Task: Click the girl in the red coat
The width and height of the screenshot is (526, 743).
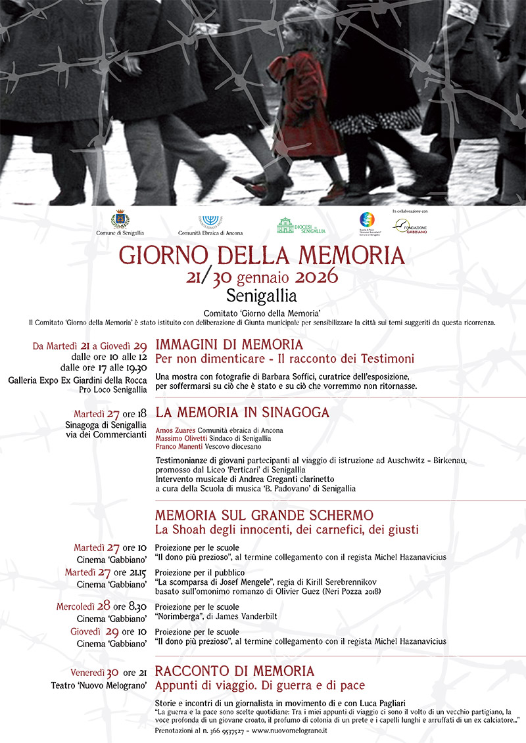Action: coord(304,105)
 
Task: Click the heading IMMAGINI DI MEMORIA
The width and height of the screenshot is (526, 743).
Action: coord(229,345)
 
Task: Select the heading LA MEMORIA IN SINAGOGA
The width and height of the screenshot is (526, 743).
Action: coord(242,413)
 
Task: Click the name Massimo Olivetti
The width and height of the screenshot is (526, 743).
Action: coord(179,438)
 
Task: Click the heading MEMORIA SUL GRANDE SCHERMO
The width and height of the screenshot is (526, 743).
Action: coord(264,514)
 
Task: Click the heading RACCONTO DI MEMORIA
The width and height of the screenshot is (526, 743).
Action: coord(234,671)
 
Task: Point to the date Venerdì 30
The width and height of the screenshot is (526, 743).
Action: coord(94,672)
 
